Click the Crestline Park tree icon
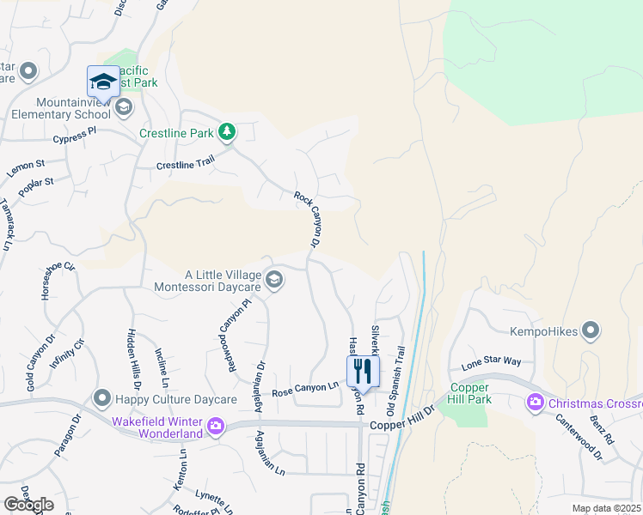[227, 132]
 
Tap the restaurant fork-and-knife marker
[362, 371]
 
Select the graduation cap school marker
[103, 82]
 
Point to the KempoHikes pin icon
[591, 330]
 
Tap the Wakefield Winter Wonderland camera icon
[215, 425]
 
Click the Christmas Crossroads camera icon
[536, 402]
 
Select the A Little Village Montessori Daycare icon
[273, 280]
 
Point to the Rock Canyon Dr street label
[308, 222]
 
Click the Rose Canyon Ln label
[305, 390]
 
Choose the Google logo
[28, 505]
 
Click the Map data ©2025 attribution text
[605, 508]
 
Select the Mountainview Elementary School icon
[123, 107]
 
